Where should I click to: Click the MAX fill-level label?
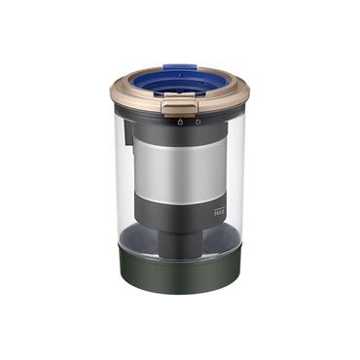pyautogui.click(x=220, y=213)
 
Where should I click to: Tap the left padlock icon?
pyautogui.click(x=180, y=122)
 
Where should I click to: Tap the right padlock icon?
pyautogui.click(x=198, y=122)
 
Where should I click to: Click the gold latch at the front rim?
pyautogui.click(x=179, y=108)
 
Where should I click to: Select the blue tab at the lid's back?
pyautogui.click(x=180, y=67)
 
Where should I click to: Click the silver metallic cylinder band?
pyautogui.click(x=180, y=167)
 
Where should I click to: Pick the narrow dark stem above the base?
pyautogui.click(x=179, y=242)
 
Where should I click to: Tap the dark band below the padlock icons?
pyautogui.click(x=180, y=133)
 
